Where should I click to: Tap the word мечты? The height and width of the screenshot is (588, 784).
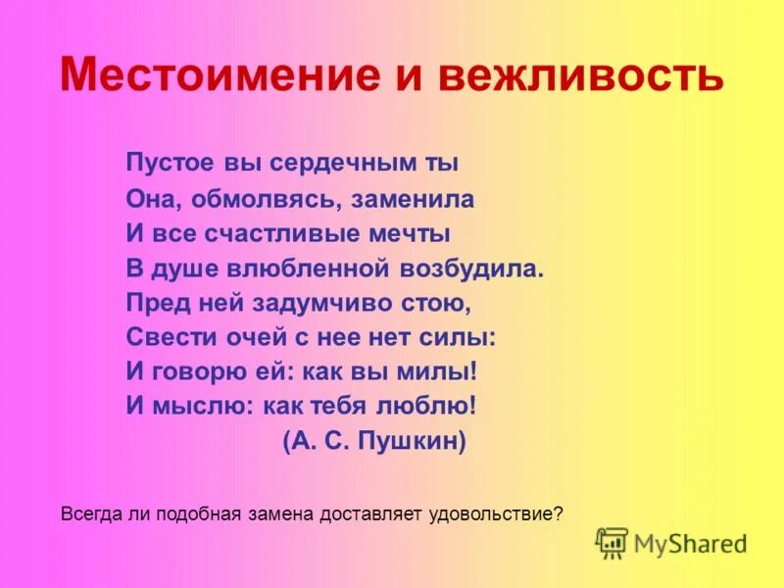click(x=418, y=234)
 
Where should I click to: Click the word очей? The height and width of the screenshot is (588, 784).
click(x=257, y=337)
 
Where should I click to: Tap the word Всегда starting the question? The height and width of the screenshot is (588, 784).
click(x=86, y=513)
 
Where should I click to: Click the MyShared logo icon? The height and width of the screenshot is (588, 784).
click(x=612, y=542)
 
